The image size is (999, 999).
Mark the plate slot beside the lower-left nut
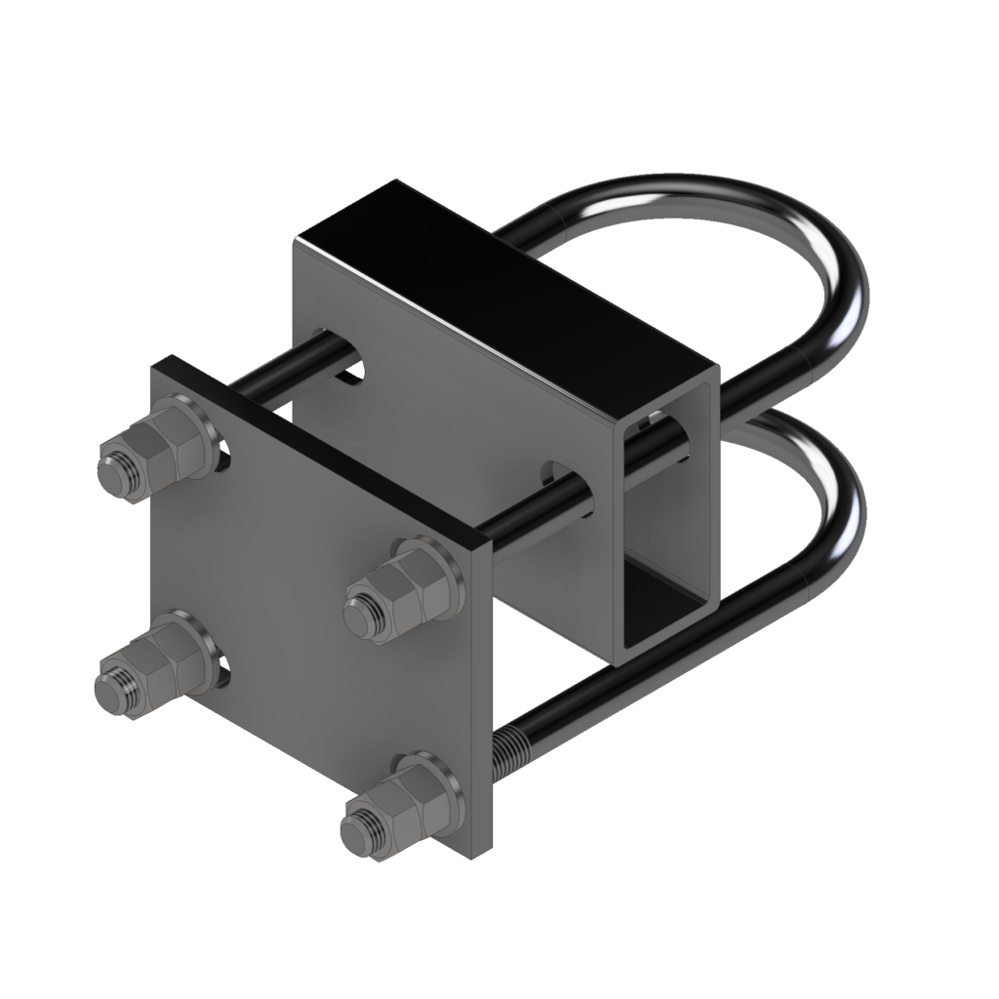(225, 666)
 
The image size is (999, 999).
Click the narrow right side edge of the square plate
(482, 702)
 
